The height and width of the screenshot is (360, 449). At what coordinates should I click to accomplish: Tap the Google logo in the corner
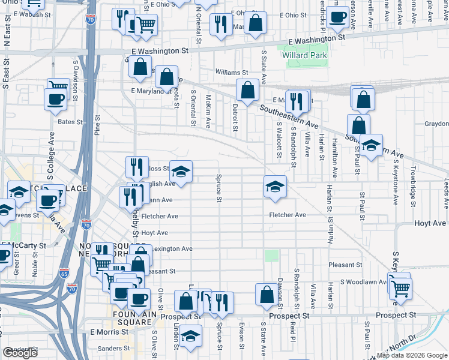(20, 353)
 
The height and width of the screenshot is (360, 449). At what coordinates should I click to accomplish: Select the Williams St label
(231, 71)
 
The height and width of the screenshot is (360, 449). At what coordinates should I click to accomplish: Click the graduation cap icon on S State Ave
(275, 187)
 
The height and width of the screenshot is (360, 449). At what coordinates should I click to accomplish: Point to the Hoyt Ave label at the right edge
(430, 223)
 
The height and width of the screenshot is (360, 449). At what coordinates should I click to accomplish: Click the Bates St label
(70, 122)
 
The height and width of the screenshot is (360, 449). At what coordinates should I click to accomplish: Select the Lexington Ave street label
(173, 248)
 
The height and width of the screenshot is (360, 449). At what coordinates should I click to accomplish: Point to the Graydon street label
(436, 124)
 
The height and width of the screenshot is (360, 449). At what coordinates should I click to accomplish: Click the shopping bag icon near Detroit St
(247, 91)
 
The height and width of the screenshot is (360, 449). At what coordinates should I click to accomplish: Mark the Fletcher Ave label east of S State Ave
(288, 215)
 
